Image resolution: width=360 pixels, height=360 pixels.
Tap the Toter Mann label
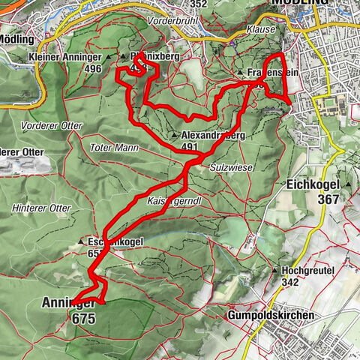113,148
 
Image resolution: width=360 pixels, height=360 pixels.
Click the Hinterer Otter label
42,208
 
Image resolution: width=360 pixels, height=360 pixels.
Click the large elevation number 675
85,318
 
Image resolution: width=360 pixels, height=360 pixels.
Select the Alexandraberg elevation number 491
190,147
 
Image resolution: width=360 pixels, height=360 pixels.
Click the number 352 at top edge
198,4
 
